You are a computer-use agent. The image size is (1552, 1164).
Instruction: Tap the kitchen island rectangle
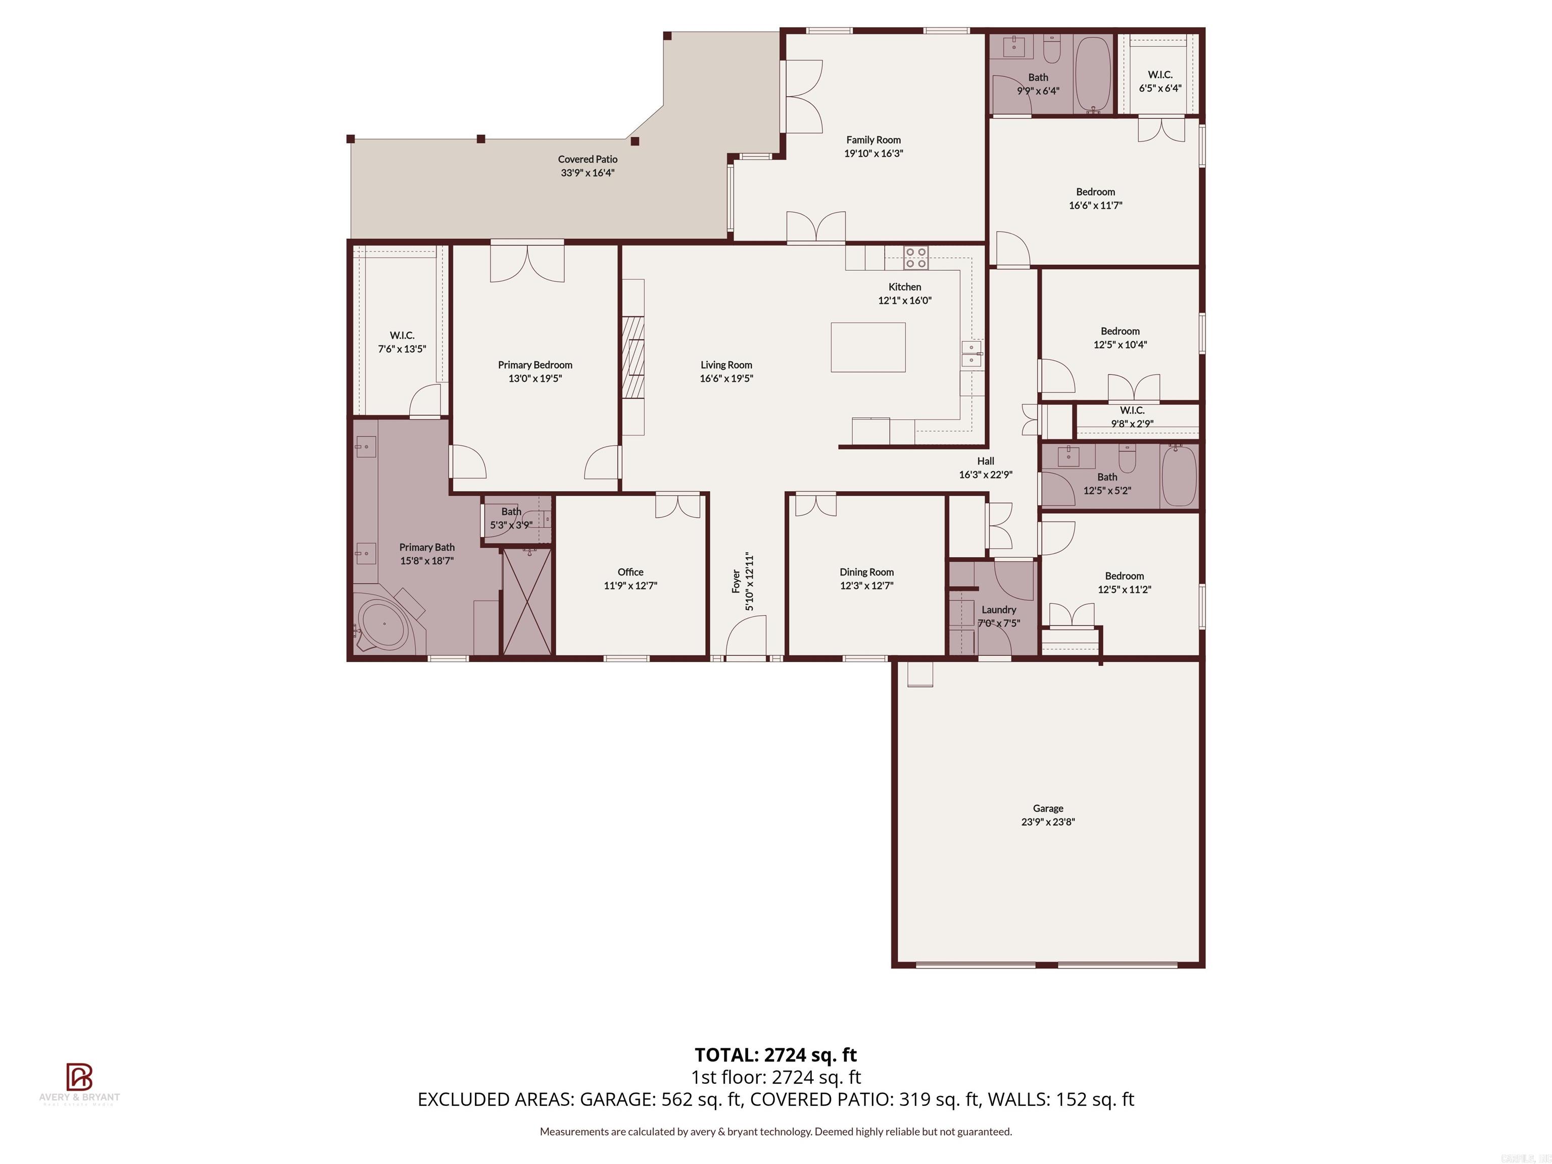coord(868,347)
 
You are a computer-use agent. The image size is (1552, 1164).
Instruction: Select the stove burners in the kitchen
coord(915,258)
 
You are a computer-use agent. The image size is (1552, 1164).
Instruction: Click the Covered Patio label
coord(587,159)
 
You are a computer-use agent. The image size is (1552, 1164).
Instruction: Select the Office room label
coord(630,572)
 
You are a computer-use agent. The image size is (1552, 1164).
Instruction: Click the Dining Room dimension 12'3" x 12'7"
coord(866,585)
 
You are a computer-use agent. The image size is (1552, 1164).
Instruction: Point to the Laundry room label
coord(998,610)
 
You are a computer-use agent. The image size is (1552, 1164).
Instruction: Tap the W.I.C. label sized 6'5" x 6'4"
coord(1160,74)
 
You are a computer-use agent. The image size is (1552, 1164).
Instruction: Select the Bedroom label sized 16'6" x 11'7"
coord(1095,191)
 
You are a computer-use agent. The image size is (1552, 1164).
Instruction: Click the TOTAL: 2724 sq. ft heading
coord(775,1054)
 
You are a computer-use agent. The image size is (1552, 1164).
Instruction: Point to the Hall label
coord(985,461)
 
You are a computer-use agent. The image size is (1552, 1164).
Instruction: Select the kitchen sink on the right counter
coord(971,354)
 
